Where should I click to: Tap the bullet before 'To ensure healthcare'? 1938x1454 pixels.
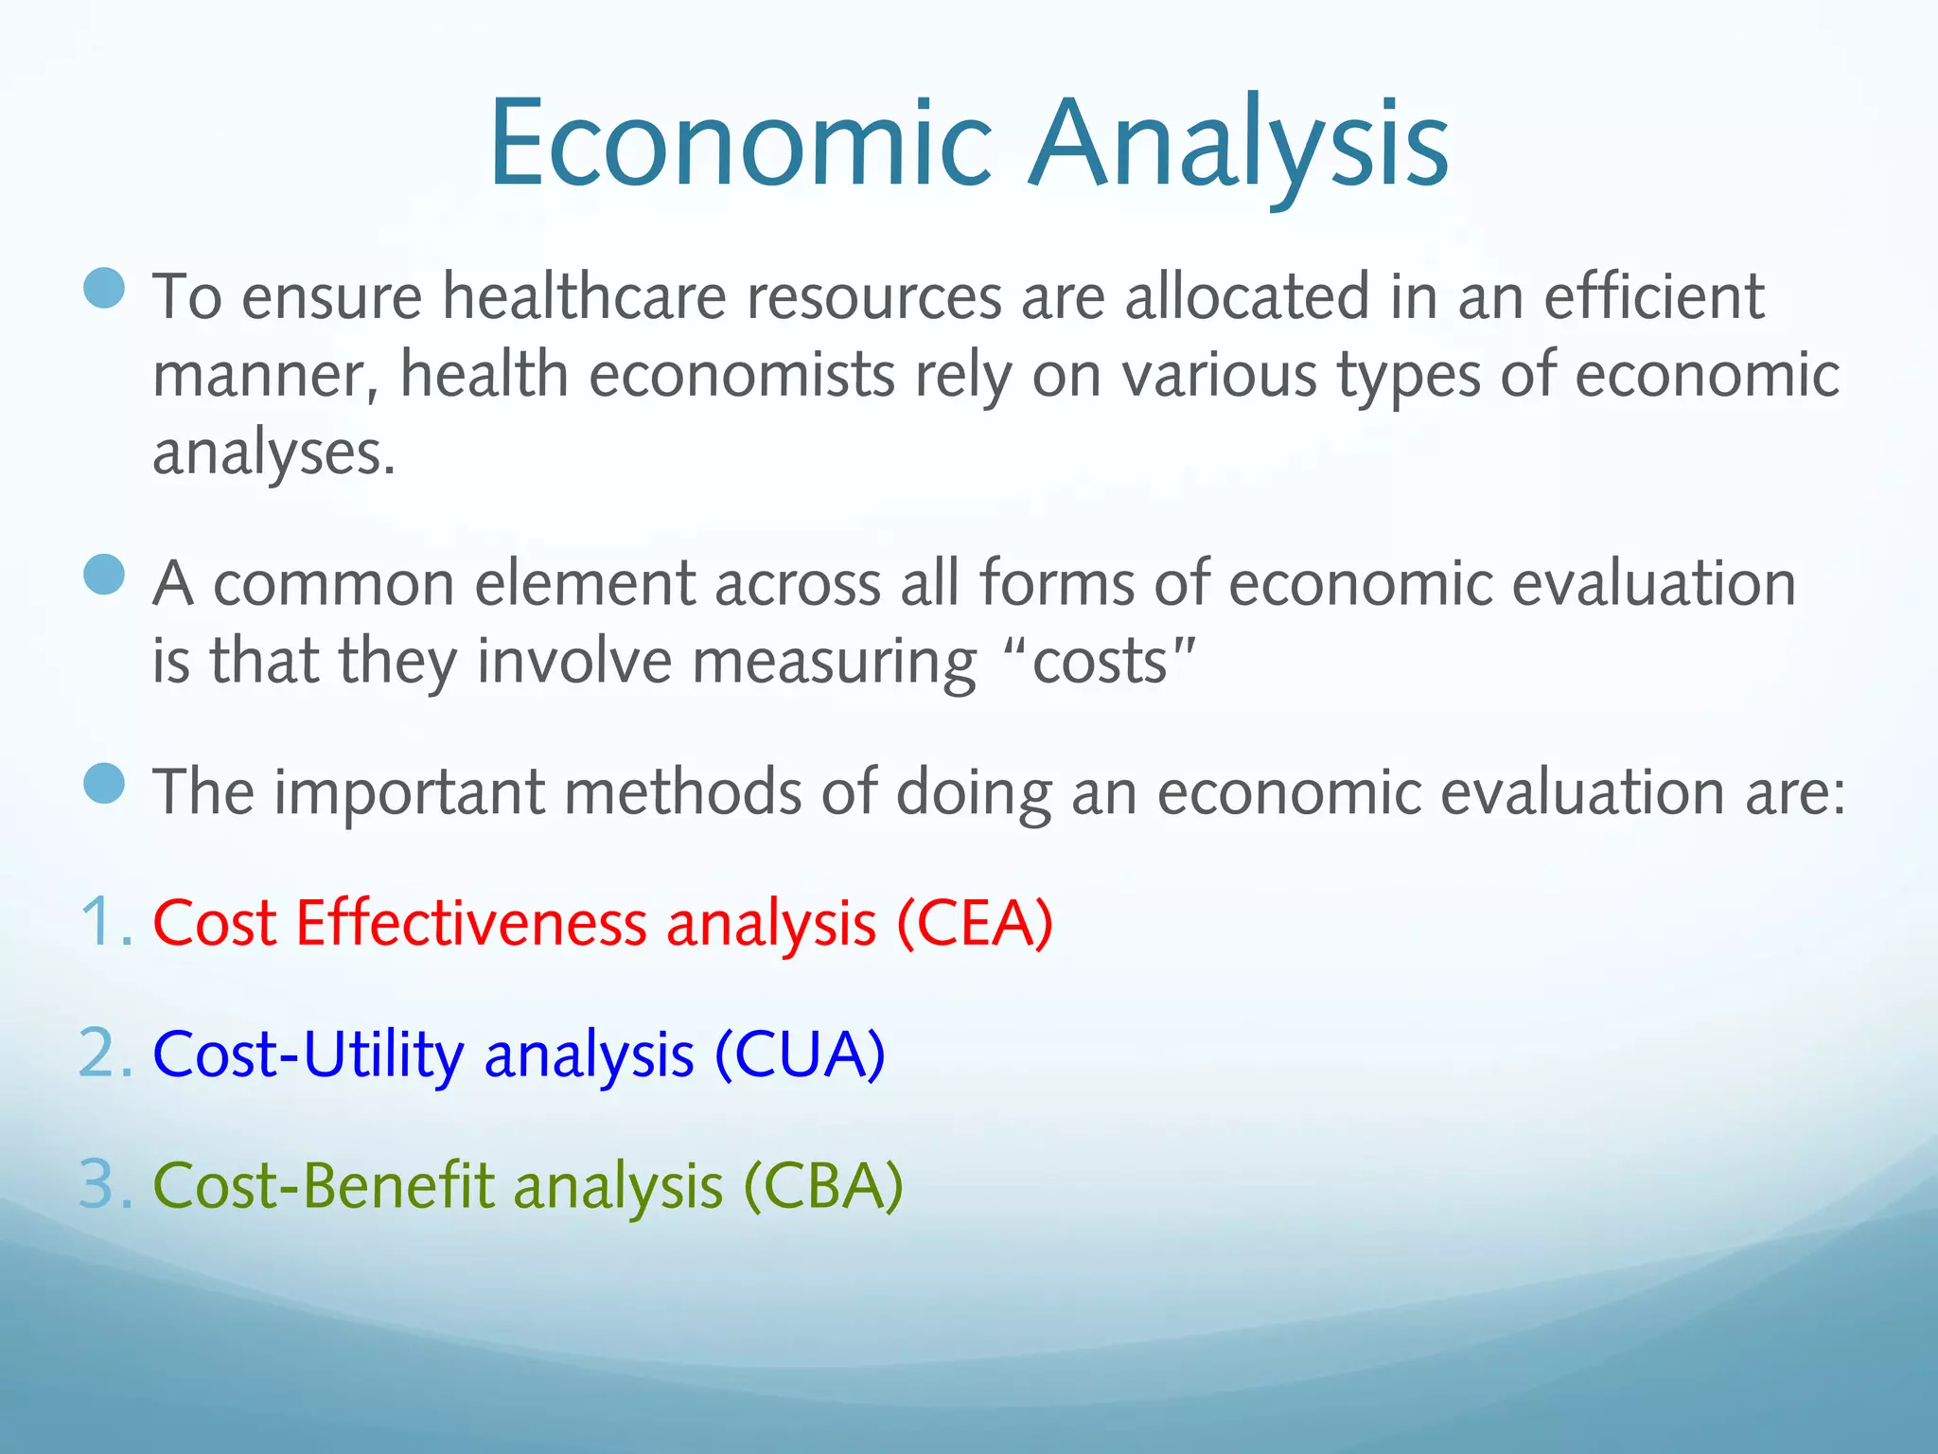click(104, 288)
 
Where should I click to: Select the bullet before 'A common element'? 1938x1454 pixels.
click(104, 575)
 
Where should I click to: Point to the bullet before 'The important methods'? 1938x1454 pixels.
click(104, 783)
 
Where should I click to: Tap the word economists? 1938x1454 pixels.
click(742, 375)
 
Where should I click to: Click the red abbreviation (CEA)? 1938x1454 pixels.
click(975, 924)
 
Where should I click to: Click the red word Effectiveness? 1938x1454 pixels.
click(470, 922)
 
